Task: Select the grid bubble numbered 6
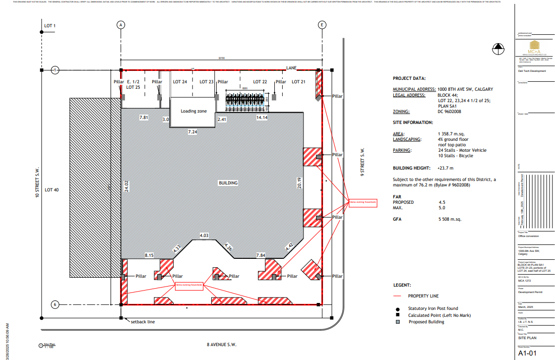pos(56,304)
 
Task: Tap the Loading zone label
pos(193,111)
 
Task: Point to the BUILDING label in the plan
pos(228,183)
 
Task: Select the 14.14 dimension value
pos(262,118)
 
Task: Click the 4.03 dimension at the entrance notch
pos(204,235)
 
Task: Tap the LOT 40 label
pos(52,189)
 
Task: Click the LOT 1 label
pos(50,26)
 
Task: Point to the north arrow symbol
pos(498,49)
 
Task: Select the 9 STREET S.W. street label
pos(362,162)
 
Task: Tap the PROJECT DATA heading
pos(409,78)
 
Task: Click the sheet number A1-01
pos(528,354)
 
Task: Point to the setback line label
pos(143,322)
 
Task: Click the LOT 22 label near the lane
pos(260,82)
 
